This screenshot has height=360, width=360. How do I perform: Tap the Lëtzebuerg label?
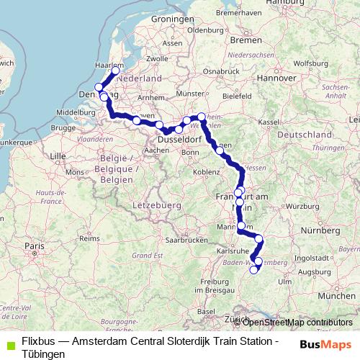point(156,205)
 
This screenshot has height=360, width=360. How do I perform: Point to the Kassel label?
point(269,122)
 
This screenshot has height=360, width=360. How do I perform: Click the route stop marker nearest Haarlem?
point(115,71)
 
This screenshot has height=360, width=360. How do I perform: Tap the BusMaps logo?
point(327,343)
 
